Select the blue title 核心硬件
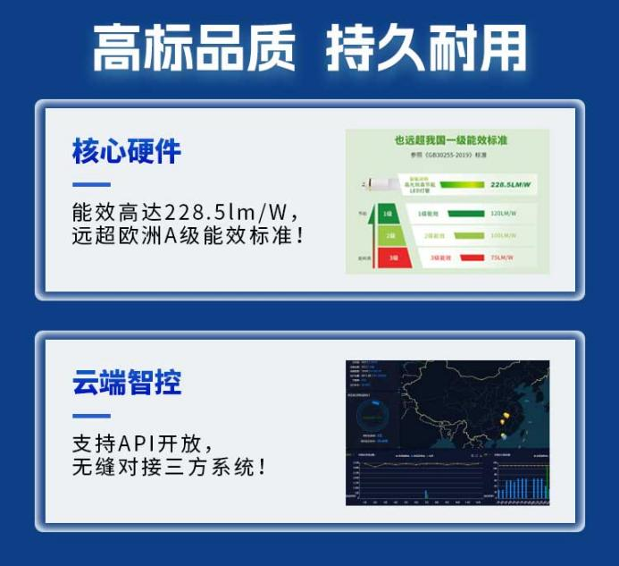click(126, 150)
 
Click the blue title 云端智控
click(126, 382)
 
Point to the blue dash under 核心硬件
click(91, 185)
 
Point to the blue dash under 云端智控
click(91, 416)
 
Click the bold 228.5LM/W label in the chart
click(510, 185)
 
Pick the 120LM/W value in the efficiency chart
click(503, 215)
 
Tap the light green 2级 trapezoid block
click(389, 236)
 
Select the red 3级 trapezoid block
click(390, 258)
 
